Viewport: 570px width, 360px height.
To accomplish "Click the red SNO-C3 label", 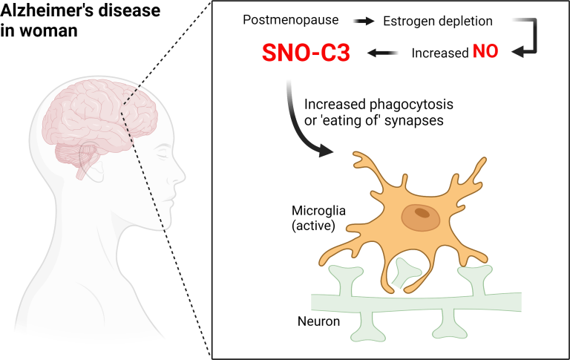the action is pyautogui.click(x=306, y=53).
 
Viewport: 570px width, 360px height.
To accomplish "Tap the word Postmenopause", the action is pyautogui.click(x=290, y=19).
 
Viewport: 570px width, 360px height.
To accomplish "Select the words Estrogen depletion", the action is pyautogui.click(x=438, y=21).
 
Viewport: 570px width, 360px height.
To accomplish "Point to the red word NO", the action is pyautogui.click(x=485, y=51).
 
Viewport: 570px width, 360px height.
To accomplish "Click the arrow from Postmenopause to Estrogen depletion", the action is pyautogui.click(x=364, y=21).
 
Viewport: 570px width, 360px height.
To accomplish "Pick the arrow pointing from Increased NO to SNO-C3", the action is pyautogui.click(x=382, y=53).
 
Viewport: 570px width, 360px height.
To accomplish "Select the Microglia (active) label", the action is pyautogui.click(x=318, y=217).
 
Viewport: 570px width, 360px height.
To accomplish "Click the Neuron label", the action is pyautogui.click(x=318, y=321).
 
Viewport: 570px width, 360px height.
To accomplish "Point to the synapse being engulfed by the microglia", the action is pyautogui.click(x=407, y=272).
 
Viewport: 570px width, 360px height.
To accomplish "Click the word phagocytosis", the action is pyautogui.click(x=411, y=105).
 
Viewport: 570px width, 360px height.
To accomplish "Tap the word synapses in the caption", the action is pyautogui.click(x=413, y=121).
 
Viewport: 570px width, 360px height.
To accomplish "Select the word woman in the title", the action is pyautogui.click(x=49, y=30).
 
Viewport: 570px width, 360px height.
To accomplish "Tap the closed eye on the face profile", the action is pyautogui.click(x=163, y=154).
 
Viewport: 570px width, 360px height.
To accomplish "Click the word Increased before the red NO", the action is pyautogui.click(x=440, y=53).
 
